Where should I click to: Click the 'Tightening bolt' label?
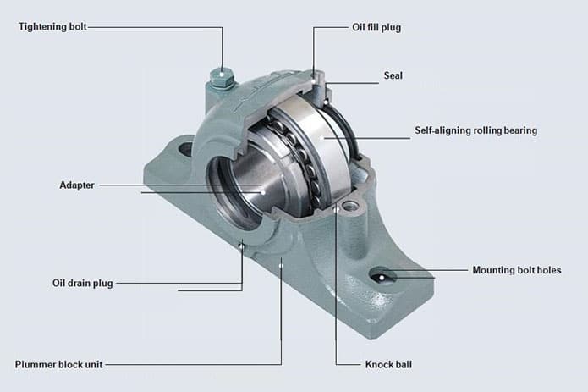tap(52, 27)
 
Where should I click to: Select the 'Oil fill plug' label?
tap(376, 27)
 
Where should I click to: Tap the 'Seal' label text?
tap(393, 75)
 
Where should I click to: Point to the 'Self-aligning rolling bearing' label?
tap(475, 130)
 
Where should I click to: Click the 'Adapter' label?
tap(77, 185)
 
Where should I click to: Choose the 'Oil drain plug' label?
tap(83, 284)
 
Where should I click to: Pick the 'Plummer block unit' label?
tap(59, 364)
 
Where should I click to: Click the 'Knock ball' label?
tap(388, 364)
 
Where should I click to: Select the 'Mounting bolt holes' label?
tap(517, 270)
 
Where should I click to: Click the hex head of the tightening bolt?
tap(222, 78)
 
